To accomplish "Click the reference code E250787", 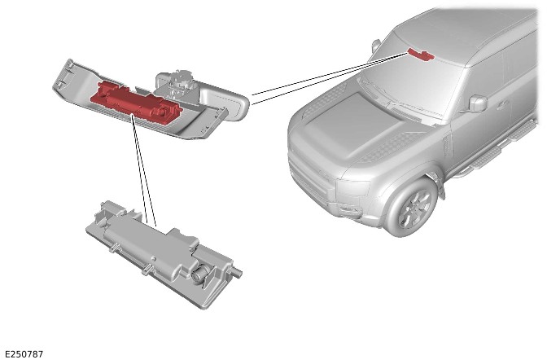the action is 24,354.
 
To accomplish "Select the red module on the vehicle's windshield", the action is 421,54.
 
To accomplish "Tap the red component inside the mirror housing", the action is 136,102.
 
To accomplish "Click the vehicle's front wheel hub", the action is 415,209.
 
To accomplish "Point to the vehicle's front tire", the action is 412,209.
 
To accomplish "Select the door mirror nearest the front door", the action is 477,103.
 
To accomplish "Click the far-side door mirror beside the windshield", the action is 376,45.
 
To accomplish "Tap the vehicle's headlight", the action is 352,187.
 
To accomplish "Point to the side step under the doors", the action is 502,147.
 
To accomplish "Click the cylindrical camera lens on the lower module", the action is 199,272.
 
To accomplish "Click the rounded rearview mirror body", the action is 223,99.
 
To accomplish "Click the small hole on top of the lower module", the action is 154,259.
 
